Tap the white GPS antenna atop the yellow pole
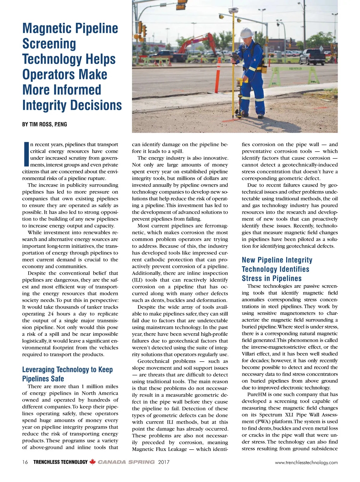pos(233,10)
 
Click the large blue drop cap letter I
pos(25,154)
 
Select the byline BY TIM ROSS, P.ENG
pos(44,124)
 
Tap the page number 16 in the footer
pos(25,462)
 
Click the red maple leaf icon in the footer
pos(92,462)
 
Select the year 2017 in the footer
pos(164,462)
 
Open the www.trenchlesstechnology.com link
pos(306,462)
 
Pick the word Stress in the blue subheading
pos(252,278)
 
